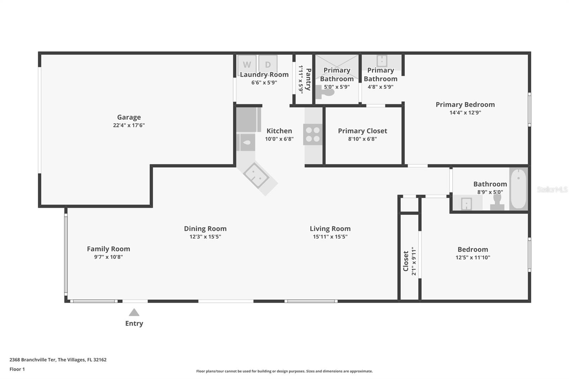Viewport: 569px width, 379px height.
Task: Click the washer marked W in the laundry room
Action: (x=247, y=64)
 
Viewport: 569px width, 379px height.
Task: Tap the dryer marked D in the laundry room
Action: (x=268, y=64)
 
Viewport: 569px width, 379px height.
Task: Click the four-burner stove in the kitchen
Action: (x=313, y=134)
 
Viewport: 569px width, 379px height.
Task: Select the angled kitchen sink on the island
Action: (x=256, y=175)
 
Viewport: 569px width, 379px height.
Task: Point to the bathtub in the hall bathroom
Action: (x=518, y=188)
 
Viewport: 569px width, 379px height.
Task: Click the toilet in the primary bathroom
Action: (x=324, y=92)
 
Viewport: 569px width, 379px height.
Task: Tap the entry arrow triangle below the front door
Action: (x=134, y=313)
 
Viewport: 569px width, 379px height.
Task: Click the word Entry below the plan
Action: (x=134, y=324)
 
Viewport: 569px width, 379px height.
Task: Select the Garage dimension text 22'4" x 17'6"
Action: (x=129, y=125)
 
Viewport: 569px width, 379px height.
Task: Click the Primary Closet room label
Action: (x=362, y=131)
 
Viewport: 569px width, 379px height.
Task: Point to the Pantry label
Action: (x=308, y=79)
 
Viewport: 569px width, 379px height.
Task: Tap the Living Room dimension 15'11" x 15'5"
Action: (x=330, y=237)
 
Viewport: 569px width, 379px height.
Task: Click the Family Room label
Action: (x=108, y=249)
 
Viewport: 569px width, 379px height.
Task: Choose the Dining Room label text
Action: (x=205, y=229)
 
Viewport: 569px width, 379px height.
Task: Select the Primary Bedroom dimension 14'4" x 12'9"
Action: (x=465, y=113)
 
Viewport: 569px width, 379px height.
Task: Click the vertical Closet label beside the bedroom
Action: (x=406, y=261)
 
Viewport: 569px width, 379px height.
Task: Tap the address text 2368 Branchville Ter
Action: (x=33, y=359)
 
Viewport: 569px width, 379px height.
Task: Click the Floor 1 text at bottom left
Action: (x=17, y=369)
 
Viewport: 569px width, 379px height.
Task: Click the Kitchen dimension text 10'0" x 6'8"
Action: (x=279, y=139)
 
